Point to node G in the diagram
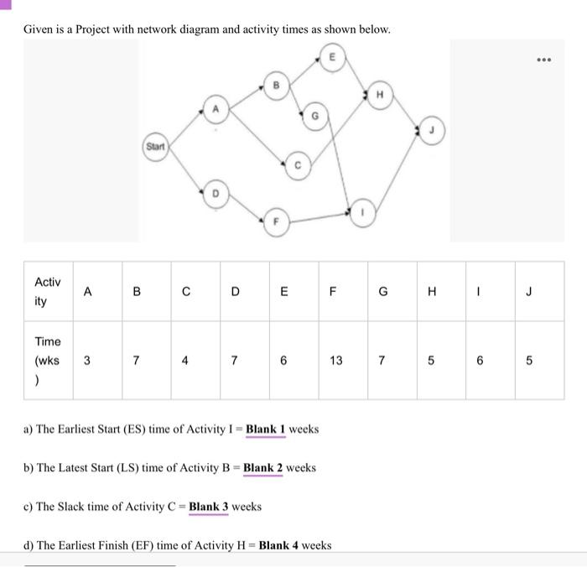point(314,117)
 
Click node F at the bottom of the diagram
point(273,223)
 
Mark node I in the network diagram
point(363,213)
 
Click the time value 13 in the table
point(336,361)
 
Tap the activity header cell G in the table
point(383,292)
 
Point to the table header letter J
point(529,292)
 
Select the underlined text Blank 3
point(209,506)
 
